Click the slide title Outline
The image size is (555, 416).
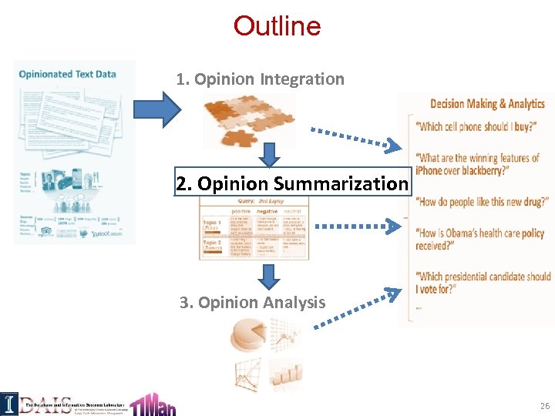[x=277, y=26]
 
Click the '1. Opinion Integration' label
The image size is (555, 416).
[x=260, y=79]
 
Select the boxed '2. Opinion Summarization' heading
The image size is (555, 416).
[x=291, y=183]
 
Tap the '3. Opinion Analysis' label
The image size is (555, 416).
[x=253, y=302]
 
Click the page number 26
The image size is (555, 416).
[x=544, y=405]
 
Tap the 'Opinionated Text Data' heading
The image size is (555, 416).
[x=68, y=74]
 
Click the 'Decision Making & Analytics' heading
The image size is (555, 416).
[x=487, y=104]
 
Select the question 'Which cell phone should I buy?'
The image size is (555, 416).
[x=476, y=127]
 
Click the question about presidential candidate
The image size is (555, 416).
[x=483, y=282]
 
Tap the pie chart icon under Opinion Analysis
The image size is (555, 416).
[x=247, y=337]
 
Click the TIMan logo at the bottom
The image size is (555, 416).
[x=153, y=401]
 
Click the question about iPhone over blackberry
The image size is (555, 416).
[x=476, y=164]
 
